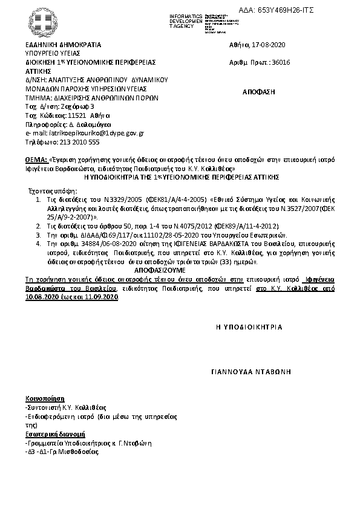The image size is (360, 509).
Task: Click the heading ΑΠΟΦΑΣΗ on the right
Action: [x=258, y=91]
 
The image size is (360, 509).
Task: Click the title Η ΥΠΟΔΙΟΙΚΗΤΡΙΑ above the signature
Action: [x=249, y=326]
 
